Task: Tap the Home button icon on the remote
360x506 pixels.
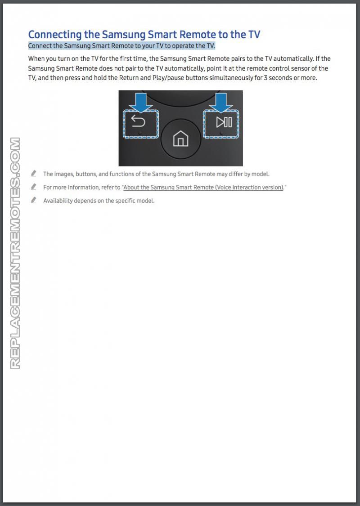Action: (x=180, y=139)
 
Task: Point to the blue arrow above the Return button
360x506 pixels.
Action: (x=141, y=102)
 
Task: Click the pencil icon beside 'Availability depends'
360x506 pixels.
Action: (x=34, y=200)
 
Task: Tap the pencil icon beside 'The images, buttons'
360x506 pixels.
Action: (x=34, y=174)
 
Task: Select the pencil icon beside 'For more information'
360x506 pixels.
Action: (x=34, y=187)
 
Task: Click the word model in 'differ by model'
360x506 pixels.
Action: (x=260, y=174)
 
